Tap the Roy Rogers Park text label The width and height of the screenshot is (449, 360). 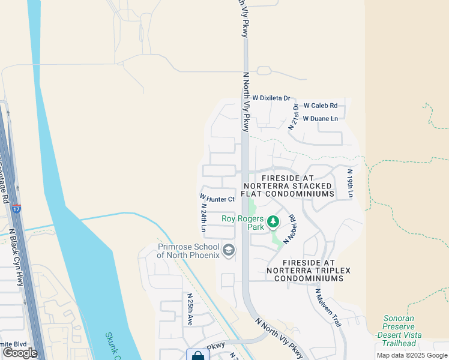(x=244, y=219)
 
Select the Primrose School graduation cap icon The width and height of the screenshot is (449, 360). (x=228, y=250)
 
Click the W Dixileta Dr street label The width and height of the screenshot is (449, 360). (x=271, y=98)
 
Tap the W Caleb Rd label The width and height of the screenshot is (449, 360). (x=320, y=106)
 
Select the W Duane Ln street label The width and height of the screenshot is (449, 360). (x=320, y=119)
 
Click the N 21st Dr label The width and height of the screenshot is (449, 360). (x=294, y=116)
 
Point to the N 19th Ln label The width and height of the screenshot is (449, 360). (x=350, y=183)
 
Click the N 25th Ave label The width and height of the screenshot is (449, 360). (x=190, y=309)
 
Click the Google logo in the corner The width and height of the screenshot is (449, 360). (x=20, y=353)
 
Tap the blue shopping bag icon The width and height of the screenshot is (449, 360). (x=197, y=355)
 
